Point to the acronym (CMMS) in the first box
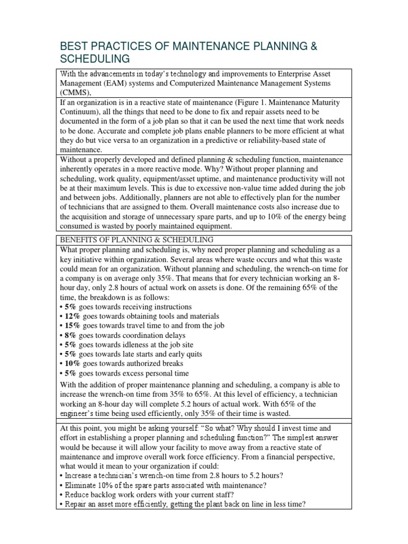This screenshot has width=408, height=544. point(76,93)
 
